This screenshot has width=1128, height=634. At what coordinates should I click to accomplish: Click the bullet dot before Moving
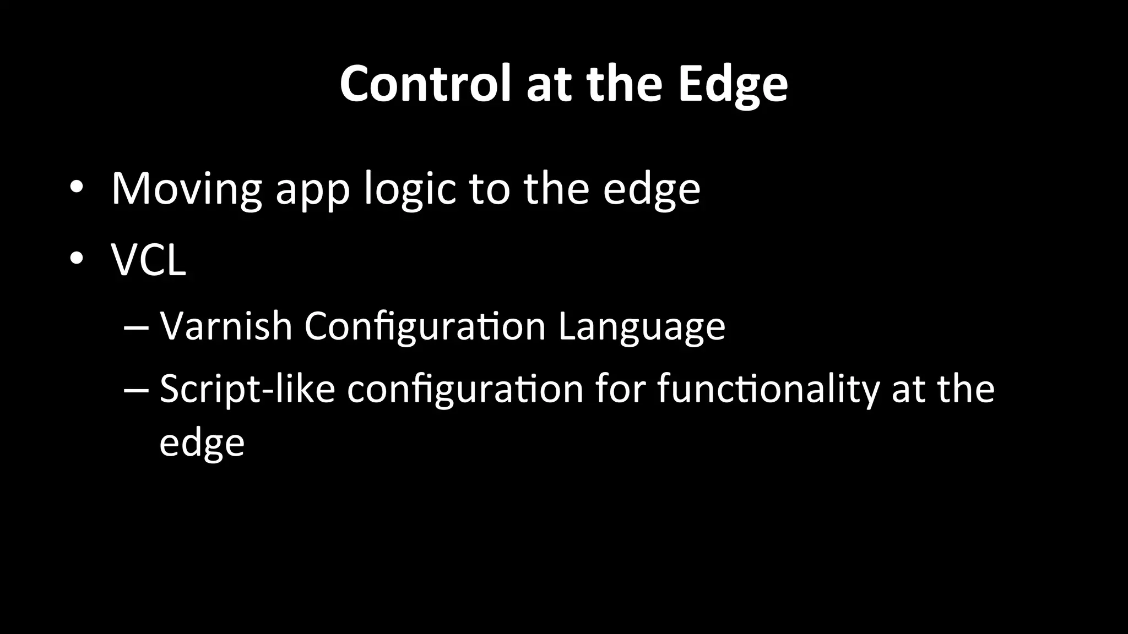pos(76,188)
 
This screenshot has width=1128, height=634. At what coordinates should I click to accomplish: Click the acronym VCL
pos(149,260)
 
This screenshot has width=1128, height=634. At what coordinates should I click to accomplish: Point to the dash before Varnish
pos(136,326)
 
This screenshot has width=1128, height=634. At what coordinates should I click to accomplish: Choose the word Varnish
pos(226,326)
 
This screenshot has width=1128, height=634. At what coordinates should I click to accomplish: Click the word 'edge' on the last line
pos(202,443)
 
